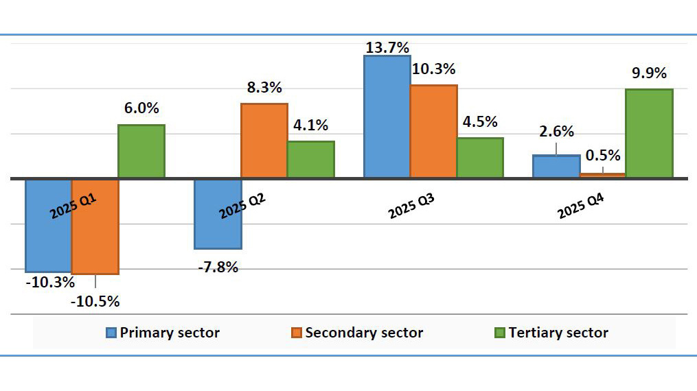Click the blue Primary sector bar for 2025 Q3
click(x=387, y=117)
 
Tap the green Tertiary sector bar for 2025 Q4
click(x=649, y=134)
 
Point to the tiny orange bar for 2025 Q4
click(x=603, y=176)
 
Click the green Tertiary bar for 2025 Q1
click(x=141, y=152)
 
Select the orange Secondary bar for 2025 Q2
click(x=264, y=141)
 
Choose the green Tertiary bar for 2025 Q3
click(x=480, y=158)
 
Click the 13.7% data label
click(x=387, y=47)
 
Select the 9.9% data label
click(x=649, y=73)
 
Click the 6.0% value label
click(x=141, y=108)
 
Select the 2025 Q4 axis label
click(x=581, y=205)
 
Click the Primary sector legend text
click(x=170, y=333)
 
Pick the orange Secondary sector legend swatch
click(x=296, y=333)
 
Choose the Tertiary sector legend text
click(x=558, y=333)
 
